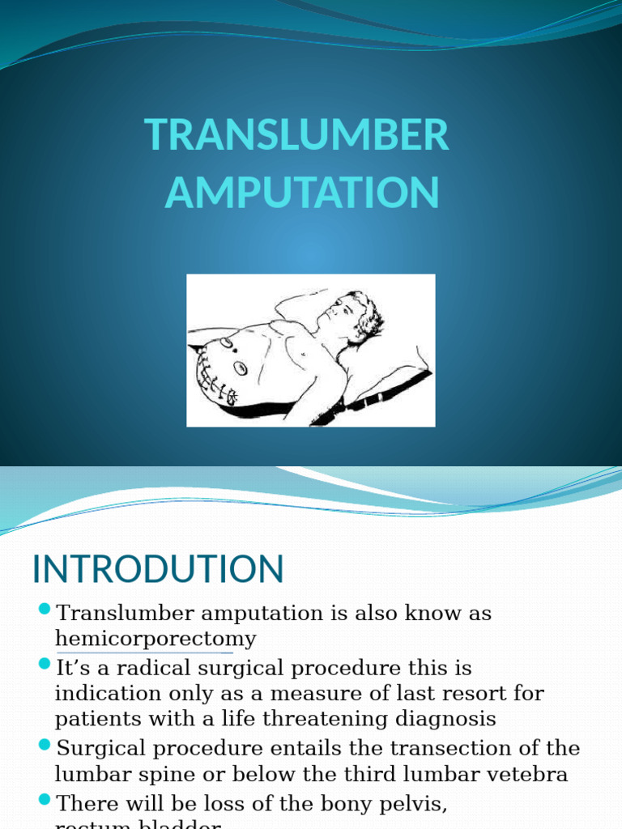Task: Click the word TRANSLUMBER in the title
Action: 296,135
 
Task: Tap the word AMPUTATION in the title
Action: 302,193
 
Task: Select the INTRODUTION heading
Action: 158,569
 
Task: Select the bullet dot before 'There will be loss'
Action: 44,801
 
